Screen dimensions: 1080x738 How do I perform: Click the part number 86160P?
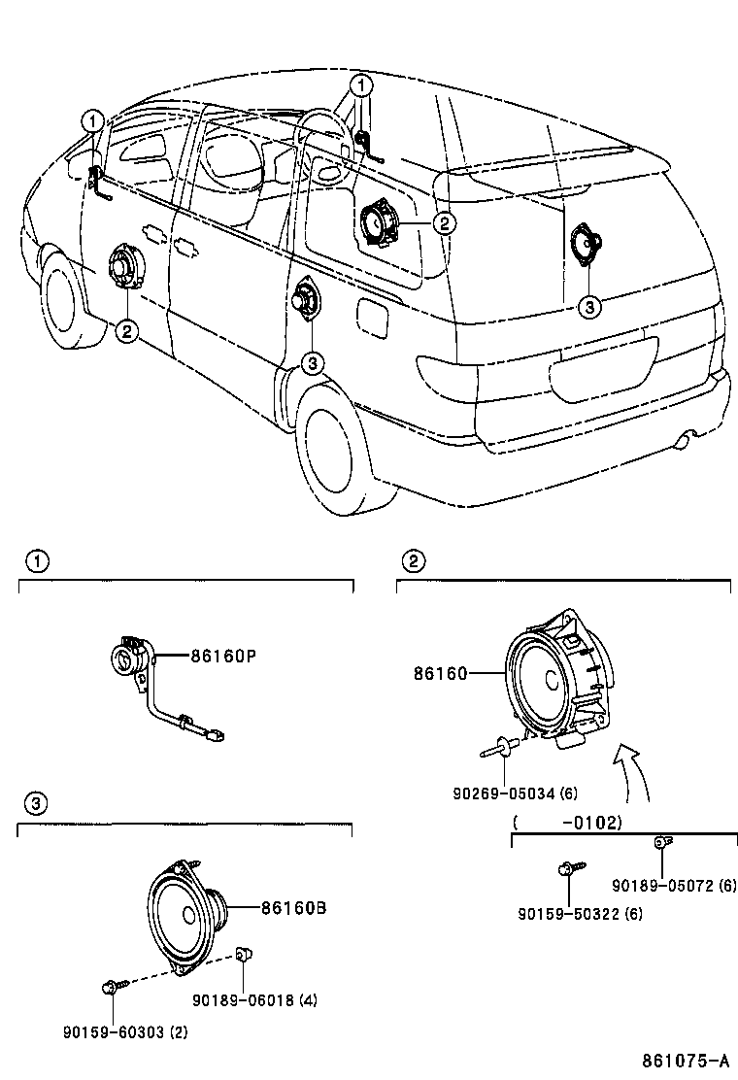222,657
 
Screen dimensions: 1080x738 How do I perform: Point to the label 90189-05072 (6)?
675,886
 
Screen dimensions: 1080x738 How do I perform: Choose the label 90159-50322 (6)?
580,914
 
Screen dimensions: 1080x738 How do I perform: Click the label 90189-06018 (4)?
254,1000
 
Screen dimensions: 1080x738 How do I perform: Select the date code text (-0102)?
566,822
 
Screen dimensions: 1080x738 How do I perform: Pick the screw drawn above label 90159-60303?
110,988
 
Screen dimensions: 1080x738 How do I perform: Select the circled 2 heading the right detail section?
414,560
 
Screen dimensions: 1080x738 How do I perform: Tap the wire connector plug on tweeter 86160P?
217,736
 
